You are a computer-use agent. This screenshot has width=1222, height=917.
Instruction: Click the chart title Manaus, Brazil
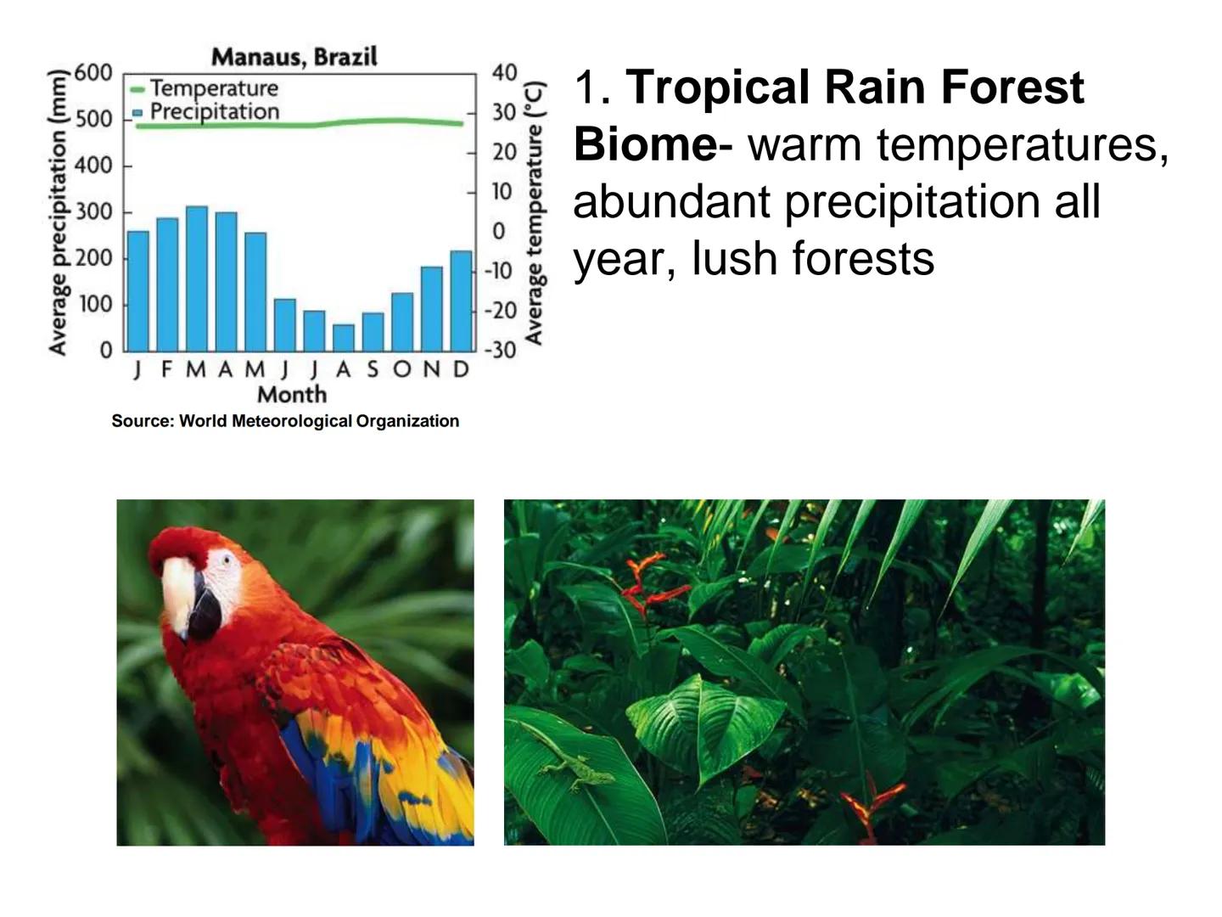click(x=294, y=57)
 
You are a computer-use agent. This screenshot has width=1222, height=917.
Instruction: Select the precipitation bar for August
click(x=344, y=338)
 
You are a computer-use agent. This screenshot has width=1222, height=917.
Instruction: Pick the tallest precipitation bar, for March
click(x=197, y=279)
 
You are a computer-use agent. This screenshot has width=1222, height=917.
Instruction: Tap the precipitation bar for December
click(x=461, y=301)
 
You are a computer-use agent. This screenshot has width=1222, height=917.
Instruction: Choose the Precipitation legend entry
click(x=205, y=112)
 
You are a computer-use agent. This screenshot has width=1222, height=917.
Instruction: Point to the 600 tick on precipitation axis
click(x=93, y=73)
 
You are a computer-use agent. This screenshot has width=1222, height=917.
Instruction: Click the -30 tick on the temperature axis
click(x=501, y=350)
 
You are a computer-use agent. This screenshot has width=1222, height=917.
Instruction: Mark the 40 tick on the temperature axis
click(x=504, y=72)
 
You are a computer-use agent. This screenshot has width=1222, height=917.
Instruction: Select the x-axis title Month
click(x=292, y=394)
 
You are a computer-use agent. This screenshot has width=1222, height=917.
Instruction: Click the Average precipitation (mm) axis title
click(x=58, y=212)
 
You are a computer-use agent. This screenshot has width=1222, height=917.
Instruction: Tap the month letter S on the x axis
click(x=373, y=369)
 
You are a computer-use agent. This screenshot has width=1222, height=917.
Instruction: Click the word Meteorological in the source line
click(x=292, y=421)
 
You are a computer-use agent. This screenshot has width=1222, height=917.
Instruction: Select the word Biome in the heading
click(x=646, y=144)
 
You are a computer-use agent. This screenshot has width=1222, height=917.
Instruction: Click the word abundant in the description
click(x=672, y=201)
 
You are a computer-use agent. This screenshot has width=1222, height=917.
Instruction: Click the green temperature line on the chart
click(x=300, y=123)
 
